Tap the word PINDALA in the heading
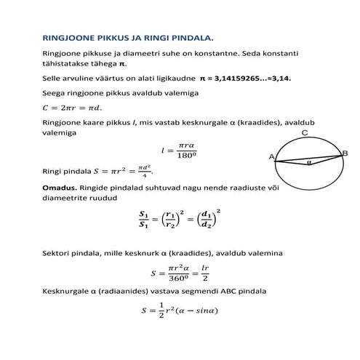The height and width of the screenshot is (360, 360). [x=194, y=36]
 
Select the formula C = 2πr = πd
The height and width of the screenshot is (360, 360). [x=73, y=108]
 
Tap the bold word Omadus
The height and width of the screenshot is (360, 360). [x=62, y=187]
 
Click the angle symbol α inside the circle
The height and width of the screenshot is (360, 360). [x=308, y=163]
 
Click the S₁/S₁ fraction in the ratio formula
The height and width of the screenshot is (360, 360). [x=143, y=219]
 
